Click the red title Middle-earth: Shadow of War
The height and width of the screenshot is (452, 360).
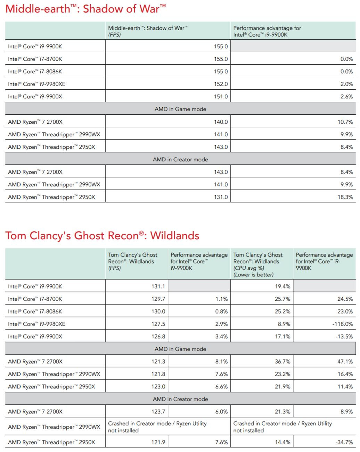[x=85, y=9]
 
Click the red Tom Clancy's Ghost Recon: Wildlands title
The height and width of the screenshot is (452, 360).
[x=102, y=235]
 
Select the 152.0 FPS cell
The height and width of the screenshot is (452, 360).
[x=221, y=84]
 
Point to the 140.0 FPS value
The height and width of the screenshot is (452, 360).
[x=221, y=122]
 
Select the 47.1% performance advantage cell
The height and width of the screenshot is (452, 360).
[x=345, y=362]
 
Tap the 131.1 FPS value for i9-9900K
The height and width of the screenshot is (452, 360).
[x=158, y=286]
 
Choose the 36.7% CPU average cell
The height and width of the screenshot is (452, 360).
[x=283, y=362]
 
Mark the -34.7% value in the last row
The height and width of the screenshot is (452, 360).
[x=344, y=442]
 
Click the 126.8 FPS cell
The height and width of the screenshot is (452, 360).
[x=158, y=337]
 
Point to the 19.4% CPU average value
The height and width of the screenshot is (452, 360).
[x=283, y=286]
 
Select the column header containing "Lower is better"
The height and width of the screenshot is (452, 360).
[x=258, y=265]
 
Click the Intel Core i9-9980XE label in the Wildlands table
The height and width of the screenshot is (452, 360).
[x=36, y=324]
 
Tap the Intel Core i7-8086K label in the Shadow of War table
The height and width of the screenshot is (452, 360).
[x=35, y=72]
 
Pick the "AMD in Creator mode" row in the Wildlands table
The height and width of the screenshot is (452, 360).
[x=180, y=399]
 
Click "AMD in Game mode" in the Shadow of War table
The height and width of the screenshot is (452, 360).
[x=180, y=109]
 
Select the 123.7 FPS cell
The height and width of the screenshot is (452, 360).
[x=158, y=412]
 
